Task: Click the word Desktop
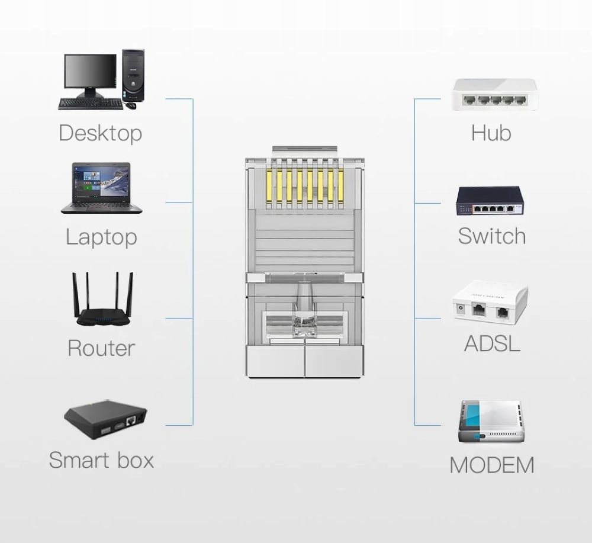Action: (100, 133)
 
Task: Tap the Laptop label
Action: (101, 237)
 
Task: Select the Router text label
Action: (101, 348)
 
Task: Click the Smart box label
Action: (101, 460)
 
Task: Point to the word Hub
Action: (491, 133)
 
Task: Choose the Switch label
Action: (491, 236)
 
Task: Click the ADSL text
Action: (492, 343)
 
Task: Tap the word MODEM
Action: (491, 465)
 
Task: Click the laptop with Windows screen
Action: (101, 187)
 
